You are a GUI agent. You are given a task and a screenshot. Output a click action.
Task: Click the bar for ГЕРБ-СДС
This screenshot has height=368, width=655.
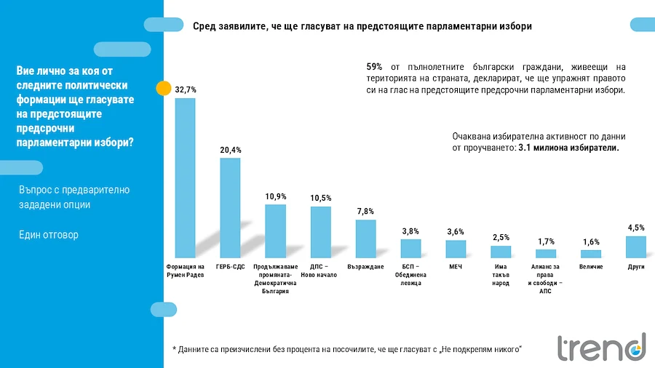tap(230, 208)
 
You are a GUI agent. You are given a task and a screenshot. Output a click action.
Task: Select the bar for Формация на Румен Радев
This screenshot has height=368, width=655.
tap(185, 178)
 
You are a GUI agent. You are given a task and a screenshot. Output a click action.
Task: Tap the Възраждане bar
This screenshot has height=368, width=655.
tap(365, 239)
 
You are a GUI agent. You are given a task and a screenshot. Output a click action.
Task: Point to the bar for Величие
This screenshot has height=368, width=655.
tap(591, 254)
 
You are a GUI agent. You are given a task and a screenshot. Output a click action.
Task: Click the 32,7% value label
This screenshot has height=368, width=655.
tap(186, 89)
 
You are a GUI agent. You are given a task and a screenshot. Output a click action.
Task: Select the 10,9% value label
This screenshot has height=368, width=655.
tap(275, 196)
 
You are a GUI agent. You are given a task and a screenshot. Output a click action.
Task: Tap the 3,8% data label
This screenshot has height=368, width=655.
tap(410, 231)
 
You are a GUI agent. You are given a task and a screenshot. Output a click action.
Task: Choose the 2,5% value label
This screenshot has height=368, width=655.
tap(501, 237)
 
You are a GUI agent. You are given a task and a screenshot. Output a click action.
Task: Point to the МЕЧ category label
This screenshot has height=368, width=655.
tap(456, 266)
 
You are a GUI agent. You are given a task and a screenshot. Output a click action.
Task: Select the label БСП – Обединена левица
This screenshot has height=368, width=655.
tap(410, 275)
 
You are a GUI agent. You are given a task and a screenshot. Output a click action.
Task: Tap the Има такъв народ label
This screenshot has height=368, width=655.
tap(501, 275)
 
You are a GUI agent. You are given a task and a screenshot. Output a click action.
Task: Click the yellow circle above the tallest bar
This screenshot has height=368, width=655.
tap(164, 89)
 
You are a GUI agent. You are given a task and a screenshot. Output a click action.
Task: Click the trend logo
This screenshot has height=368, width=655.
tap(601, 348)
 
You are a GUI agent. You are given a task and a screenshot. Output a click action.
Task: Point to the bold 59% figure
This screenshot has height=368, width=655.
tap(375, 67)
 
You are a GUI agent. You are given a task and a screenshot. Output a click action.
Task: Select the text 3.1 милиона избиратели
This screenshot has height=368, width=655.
tap(568, 147)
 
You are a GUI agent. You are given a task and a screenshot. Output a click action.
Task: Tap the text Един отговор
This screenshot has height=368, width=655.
tap(49, 235)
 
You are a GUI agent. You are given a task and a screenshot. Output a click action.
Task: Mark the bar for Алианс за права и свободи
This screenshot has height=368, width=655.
tap(546, 254)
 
